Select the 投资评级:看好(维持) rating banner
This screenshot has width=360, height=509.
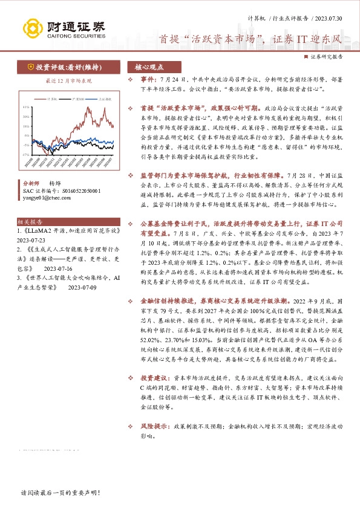63,67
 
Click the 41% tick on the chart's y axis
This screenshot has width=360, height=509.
25,106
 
